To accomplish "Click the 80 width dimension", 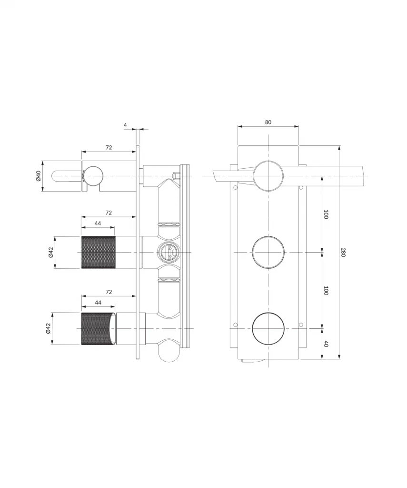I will tap(268, 122).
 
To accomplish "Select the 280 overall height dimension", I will tap(343, 252).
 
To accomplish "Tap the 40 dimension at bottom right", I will tap(326, 343).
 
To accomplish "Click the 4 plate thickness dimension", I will tap(125, 125).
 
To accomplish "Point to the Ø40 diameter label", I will tap(39, 176).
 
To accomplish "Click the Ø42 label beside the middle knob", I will tap(50, 252).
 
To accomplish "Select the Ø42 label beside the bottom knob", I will tap(49, 328).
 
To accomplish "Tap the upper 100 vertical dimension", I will tap(326, 214).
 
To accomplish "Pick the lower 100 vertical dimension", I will tap(326, 290).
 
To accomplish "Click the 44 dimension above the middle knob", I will tap(98, 223).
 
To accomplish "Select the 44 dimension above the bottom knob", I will tap(98, 302).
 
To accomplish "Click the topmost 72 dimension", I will tap(109, 148).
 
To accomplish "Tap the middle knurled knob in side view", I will tap(98, 252).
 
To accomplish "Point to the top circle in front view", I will tap(268, 176).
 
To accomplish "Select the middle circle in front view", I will tap(268, 252).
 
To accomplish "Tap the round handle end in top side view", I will tap(94, 176).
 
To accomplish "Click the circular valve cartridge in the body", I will tap(167, 251).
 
